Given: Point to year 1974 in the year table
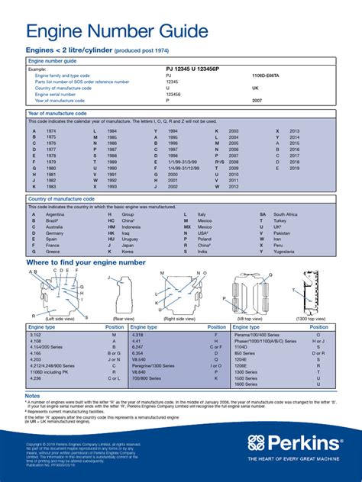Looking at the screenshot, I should pyautogui.click(x=51, y=131).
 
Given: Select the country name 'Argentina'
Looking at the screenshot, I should pyautogui.click(x=56, y=214).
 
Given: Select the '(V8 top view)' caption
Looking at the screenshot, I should pyautogui.click(x=253, y=319).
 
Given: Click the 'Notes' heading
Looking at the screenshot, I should pyautogui.click(x=33, y=396).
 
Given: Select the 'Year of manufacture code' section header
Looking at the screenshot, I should pyautogui.click(x=57, y=113).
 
